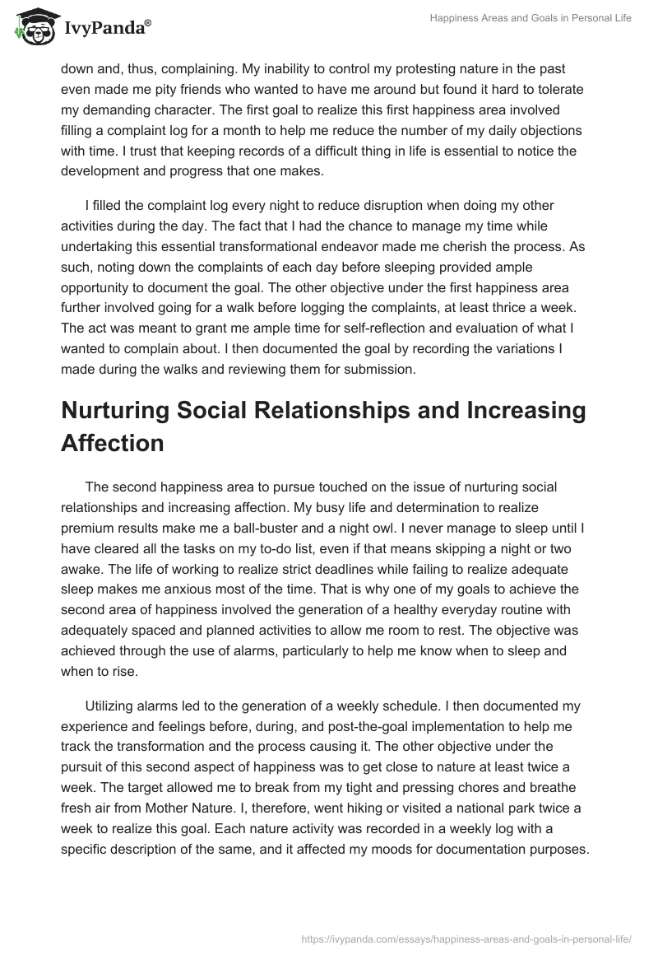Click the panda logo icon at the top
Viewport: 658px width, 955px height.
point(32,25)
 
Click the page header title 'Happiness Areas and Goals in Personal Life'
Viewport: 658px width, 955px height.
point(531,18)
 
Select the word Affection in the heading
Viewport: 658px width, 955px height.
point(113,444)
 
